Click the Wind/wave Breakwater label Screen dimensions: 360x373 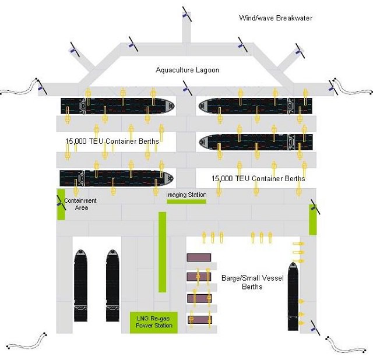click(x=275, y=18)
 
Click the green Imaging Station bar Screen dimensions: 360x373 click(x=186, y=202)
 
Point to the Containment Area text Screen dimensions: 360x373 click(x=80, y=204)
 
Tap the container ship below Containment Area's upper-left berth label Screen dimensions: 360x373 click(x=117, y=178)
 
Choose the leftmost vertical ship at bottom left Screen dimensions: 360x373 click(x=81, y=286)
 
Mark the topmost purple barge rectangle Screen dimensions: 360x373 click(x=199, y=257)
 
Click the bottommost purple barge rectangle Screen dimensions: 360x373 click(x=199, y=319)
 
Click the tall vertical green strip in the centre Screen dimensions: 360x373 click(x=162, y=252)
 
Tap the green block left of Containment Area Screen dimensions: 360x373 click(x=61, y=204)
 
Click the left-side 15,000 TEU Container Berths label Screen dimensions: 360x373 click(x=112, y=141)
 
